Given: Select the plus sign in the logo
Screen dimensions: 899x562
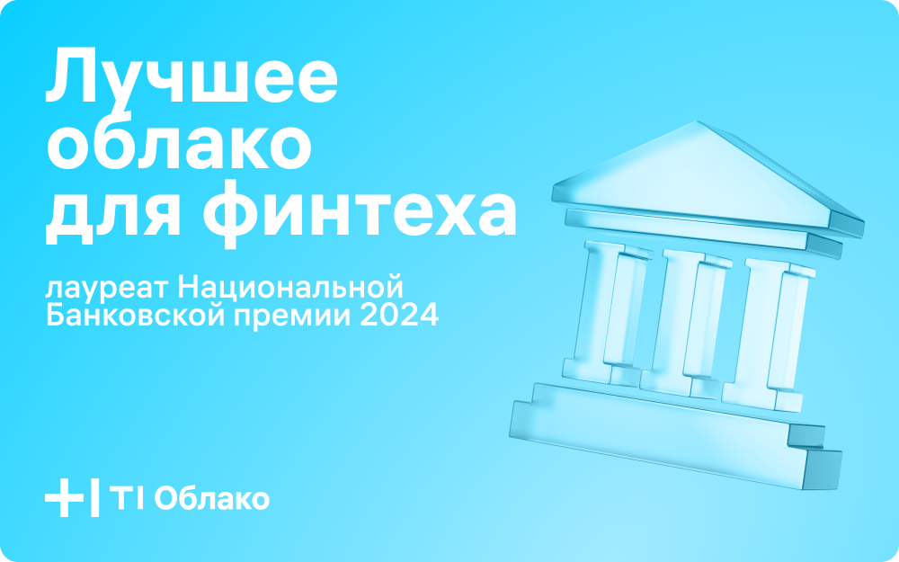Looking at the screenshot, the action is coord(64,497).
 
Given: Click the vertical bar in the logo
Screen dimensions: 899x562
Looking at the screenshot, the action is coord(95,497).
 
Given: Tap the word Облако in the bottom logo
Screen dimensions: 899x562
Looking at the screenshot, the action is coord(211,499).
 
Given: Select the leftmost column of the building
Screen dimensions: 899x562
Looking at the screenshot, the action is coord(607,313).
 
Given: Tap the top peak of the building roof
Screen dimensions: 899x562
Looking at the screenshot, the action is coord(698,121).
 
